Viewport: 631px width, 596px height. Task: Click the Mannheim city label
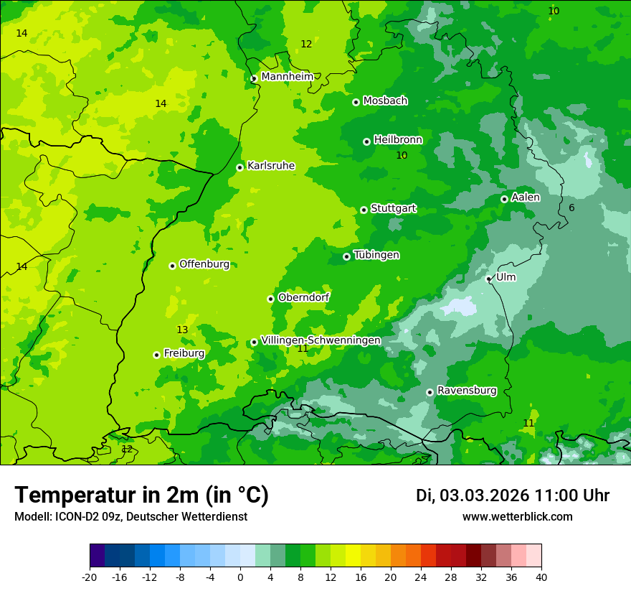[287, 77]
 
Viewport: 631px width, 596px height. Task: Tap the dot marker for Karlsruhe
[239, 167]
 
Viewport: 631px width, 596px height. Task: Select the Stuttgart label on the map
[393, 208]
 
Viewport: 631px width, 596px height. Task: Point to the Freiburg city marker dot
[156, 355]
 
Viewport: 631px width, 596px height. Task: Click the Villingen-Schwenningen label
[321, 340]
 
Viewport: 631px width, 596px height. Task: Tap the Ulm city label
[506, 277]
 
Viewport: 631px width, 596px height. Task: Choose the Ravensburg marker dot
[430, 392]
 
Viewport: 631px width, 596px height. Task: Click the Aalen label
[526, 197]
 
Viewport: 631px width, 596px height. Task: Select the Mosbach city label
[385, 101]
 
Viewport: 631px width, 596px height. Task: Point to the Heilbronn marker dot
[366, 141]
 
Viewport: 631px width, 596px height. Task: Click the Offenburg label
[204, 264]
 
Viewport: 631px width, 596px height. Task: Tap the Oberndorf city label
[303, 297]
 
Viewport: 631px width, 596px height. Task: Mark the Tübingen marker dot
[346, 256]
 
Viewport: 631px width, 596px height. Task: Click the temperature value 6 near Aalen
[571, 208]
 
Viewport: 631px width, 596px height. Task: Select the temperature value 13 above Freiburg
[182, 330]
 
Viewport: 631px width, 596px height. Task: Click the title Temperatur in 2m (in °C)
[141, 495]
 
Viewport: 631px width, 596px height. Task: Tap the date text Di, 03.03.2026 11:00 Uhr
[513, 495]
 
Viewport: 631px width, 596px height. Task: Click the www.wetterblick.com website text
[517, 517]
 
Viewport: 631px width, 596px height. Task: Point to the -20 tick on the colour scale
[90, 577]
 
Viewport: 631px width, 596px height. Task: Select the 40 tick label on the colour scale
[541, 577]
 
